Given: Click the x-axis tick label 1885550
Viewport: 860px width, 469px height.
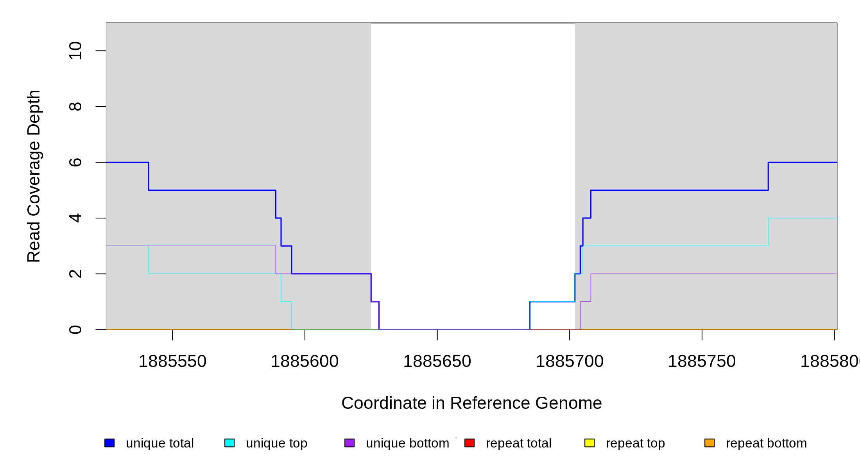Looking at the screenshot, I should click(172, 362).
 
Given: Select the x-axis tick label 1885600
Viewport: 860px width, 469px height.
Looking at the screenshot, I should click(305, 362).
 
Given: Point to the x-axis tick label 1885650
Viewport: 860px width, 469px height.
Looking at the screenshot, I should click(437, 362).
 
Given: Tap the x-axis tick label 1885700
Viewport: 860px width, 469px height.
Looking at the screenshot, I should click(570, 362).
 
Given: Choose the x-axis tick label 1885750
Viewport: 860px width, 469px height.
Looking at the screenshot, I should click(702, 362).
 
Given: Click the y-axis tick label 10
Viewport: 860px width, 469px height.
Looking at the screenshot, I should click(75, 51).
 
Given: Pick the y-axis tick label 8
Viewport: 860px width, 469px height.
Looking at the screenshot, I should click(75, 107).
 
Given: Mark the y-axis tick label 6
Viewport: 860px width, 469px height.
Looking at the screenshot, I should click(75, 162).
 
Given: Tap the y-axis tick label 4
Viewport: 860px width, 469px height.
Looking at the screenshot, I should click(75, 218).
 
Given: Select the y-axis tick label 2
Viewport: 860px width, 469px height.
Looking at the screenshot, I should click(75, 274).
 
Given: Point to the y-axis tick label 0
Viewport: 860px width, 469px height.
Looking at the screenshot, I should click(75, 329).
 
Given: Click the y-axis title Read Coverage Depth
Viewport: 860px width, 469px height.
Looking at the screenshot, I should click(34, 176).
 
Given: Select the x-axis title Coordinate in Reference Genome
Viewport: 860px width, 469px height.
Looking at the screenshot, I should click(471, 403).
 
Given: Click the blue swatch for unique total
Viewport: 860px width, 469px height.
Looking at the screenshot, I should click(109, 443).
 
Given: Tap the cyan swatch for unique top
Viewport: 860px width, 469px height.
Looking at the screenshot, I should click(229, 443).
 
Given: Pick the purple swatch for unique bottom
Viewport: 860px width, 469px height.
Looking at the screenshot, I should click(349, 443).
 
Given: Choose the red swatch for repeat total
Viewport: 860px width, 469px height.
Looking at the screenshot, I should click(469, 443).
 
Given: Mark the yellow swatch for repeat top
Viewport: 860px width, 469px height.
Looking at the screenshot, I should click(589, 443).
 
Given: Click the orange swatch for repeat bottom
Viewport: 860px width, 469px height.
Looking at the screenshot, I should click(709, 443).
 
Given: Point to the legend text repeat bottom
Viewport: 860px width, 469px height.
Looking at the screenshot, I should click(766, 443).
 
